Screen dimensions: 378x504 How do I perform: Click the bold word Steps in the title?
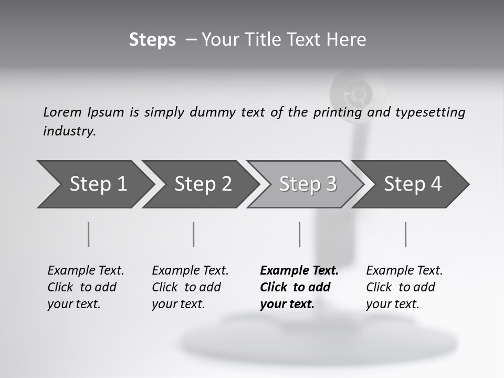point(152,40)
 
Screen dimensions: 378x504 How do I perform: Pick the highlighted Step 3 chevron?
point(308,184)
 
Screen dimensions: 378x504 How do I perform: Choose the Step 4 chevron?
point(413,184)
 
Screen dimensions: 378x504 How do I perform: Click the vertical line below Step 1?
point(89,234)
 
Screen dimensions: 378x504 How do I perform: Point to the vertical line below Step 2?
point(194,234)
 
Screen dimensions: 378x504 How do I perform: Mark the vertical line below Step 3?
point(299,234)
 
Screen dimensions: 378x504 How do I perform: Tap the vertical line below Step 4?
point(405,234)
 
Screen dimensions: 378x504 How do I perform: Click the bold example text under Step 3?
point(299,287)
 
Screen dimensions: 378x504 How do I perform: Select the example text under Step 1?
point(86,287)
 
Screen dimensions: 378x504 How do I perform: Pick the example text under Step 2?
point(190,287)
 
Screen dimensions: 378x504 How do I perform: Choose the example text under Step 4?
point(404,287)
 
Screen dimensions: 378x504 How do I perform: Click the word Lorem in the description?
point(62,112)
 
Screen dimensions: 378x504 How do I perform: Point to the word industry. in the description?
point(69,131)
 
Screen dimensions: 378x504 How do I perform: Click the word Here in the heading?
point(348,40)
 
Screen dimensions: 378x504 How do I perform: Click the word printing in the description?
point(337,112)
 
